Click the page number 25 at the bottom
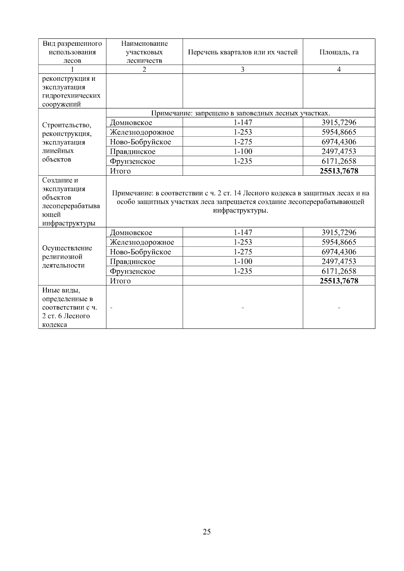click(x=207, y=532)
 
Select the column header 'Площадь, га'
click(x=339, y=52)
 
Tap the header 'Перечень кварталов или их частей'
click(x=243, y=52)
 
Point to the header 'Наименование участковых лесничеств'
click(x=144, y=52)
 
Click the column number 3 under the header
click(x=243, y=69)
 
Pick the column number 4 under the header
click(x=339, y=69)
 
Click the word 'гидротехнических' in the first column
click(x=71, y=96)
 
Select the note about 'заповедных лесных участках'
click(x=240, y=113)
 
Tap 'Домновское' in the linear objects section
click(x=131, y=122)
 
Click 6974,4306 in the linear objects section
click(x=339, y=142)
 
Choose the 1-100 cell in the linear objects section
click(x=243, y=151)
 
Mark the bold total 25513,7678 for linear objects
click(x=339, y=171)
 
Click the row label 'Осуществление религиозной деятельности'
click(x=67, y=257)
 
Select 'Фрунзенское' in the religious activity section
click(x=133, y=271)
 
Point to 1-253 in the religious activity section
click(x=243, y=242)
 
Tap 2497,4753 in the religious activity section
click(x=339, y=261)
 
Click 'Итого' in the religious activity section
click(x=120, y=281)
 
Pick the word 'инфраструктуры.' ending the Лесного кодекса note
click(x=240, y=211)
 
